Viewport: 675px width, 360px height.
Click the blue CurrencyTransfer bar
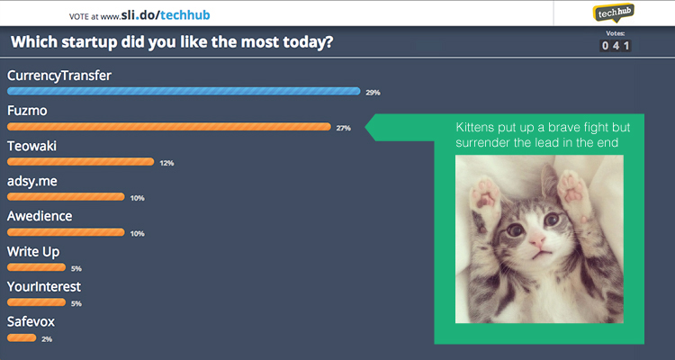coord(184,91)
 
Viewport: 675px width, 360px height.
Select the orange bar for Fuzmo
coord(169,127)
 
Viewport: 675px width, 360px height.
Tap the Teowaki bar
coord(80,162)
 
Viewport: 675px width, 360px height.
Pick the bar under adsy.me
coord(66,197)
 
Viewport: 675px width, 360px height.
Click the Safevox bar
coord(22,338)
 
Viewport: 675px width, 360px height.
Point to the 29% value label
coord(373,93)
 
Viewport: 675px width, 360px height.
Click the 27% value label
coord(344,128)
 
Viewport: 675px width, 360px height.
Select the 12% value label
coord(166,163)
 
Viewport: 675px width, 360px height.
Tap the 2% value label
coord(47,339)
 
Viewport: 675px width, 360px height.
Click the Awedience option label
coord(40,216)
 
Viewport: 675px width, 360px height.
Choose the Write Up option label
coord(33,252)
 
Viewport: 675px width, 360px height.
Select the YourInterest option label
coord(44,286)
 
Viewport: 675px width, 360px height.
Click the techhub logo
coord(614,13)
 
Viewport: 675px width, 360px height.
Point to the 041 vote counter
coord(616,46)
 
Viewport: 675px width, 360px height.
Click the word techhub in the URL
coord(185,15)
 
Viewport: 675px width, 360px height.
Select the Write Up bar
coord(36,267)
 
